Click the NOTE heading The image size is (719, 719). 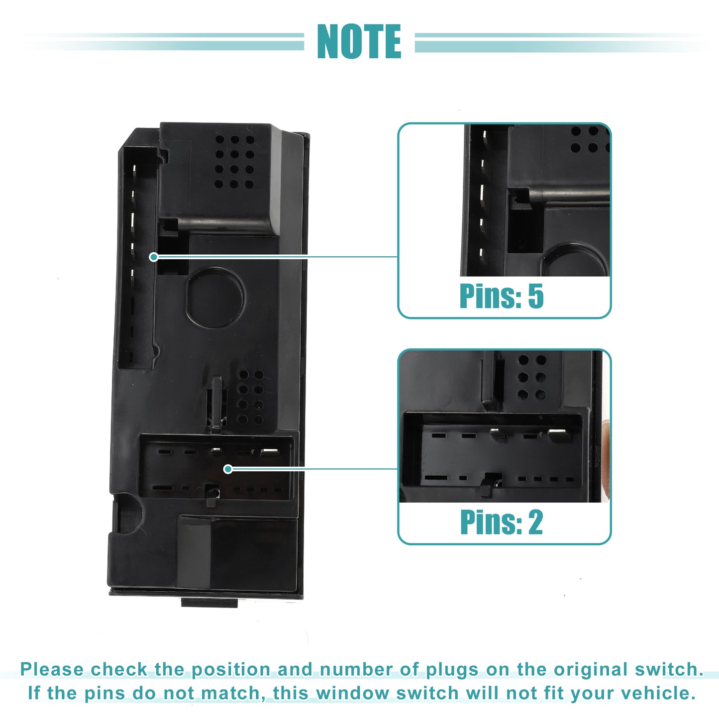click(x=359, y=41)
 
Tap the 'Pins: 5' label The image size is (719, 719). click(x=502, y=296)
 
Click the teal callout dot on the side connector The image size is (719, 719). click(x=153, y=257)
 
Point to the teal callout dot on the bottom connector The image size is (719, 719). click(x=228, y=469)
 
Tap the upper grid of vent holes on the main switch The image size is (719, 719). click(x=234, y=162)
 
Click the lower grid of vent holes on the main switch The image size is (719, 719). click(x=251, y=398)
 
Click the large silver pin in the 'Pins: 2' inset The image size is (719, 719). click(x=560, y=434)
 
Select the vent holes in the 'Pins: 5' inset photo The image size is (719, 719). click(x=590, y=139)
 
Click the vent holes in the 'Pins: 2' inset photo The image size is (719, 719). click(x=532, y=377)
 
